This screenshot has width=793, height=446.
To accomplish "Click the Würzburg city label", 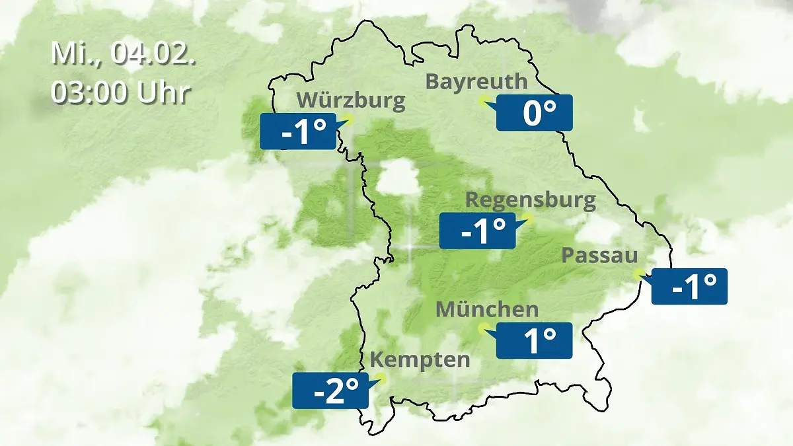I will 351,100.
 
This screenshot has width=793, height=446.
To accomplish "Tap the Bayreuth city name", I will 476,81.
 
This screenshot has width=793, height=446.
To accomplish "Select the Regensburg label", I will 531,200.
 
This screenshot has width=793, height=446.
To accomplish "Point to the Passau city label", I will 600,256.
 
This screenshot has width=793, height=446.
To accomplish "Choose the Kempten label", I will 420,360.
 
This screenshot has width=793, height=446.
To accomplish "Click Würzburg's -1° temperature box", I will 299,131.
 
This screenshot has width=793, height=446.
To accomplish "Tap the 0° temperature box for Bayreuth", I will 534,112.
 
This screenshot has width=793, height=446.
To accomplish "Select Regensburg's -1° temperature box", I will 478,231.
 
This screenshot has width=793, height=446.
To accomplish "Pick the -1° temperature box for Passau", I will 689,286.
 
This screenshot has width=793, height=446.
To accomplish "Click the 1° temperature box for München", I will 534,340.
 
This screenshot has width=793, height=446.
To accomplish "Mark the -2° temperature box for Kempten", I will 330,391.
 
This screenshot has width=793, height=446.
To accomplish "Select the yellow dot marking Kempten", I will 381,379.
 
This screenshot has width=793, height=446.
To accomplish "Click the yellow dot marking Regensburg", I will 527,217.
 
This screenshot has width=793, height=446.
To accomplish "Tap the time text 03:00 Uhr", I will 121,93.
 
